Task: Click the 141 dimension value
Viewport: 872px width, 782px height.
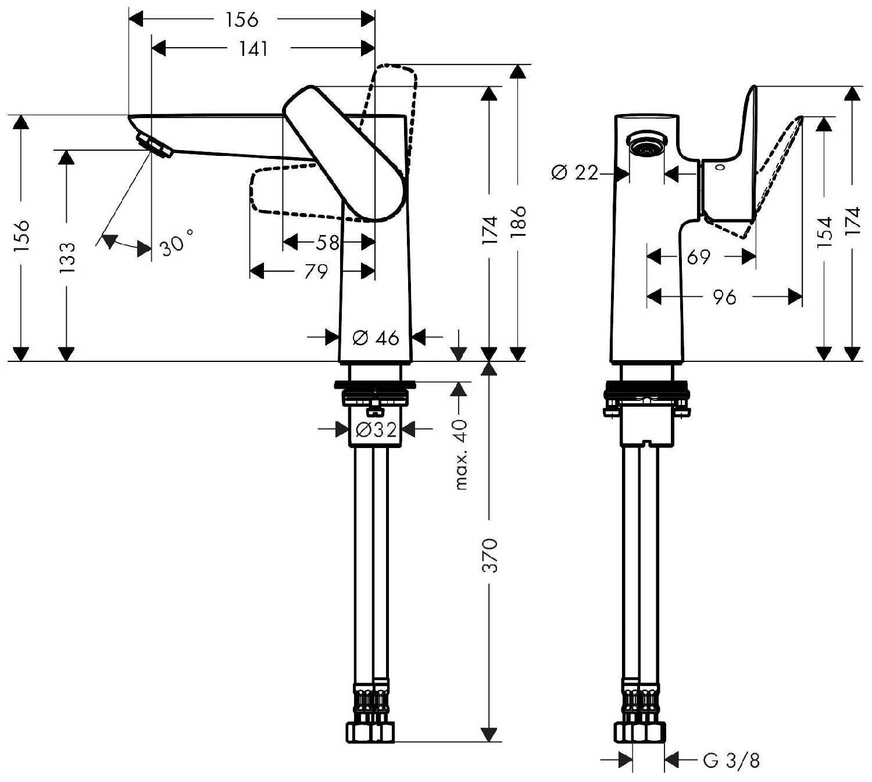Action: click(253, 49)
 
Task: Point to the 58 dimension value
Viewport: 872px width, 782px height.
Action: click(328, 242)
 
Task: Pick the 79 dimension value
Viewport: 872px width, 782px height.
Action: click(316, 271)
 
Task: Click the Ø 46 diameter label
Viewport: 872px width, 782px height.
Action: click(376, 337)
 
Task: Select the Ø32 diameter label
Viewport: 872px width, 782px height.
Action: click(376, 430)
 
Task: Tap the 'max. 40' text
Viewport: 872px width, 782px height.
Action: click(461, 454)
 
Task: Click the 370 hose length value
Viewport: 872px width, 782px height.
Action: click(491, 556)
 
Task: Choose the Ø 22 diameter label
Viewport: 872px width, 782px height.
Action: click(574, 173)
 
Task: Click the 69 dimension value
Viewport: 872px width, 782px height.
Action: click(698, 257)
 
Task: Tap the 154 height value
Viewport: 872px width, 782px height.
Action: click(824, 233)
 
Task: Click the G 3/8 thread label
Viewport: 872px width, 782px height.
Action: click(731, 760)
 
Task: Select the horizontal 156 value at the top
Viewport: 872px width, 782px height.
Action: click(242, 20)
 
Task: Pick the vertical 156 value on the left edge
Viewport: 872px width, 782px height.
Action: click(21, 236)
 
